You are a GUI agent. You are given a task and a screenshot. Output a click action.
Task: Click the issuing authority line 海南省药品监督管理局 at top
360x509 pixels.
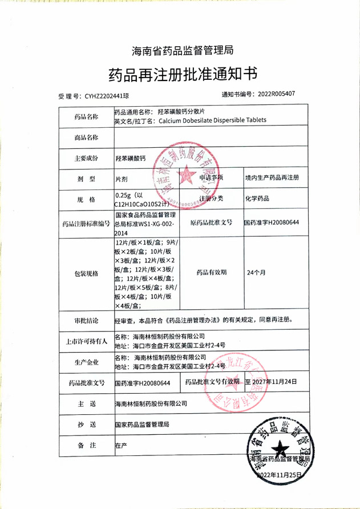coord(183,51)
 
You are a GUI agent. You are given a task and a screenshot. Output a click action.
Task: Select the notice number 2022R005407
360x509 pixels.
coord(276,94)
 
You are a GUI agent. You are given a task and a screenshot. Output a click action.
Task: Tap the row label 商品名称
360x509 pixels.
coord(86,138)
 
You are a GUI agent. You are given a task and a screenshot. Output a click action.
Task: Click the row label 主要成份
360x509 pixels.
coord(86,157)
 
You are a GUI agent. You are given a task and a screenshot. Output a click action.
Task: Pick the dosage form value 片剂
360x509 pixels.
coord(122,178)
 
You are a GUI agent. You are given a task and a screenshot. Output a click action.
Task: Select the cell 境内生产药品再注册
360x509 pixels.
coord(272,177)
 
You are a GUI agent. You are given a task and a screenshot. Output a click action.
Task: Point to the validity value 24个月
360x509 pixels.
coord(256,272)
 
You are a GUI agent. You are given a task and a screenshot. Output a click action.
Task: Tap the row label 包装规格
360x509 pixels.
coord(86,273)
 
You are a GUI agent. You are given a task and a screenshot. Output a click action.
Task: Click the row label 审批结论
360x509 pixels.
coord(86,320)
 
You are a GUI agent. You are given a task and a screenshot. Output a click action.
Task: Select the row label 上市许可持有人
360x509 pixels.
coord(86,341)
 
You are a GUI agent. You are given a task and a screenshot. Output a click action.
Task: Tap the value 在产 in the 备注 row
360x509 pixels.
coord(120,445)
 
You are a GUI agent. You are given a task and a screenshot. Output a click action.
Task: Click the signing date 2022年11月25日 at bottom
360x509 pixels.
coord(279,475)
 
